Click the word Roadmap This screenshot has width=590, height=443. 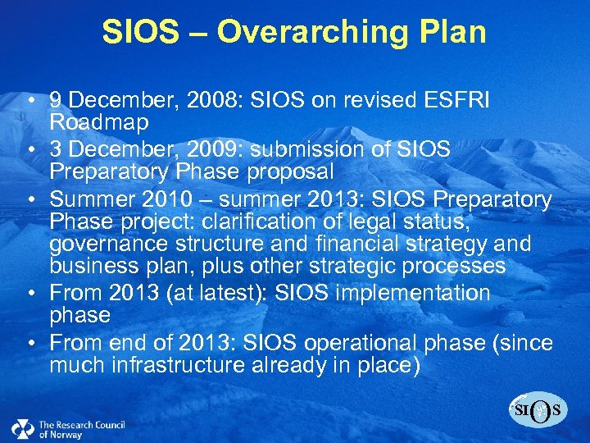click(x=99, y=122)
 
